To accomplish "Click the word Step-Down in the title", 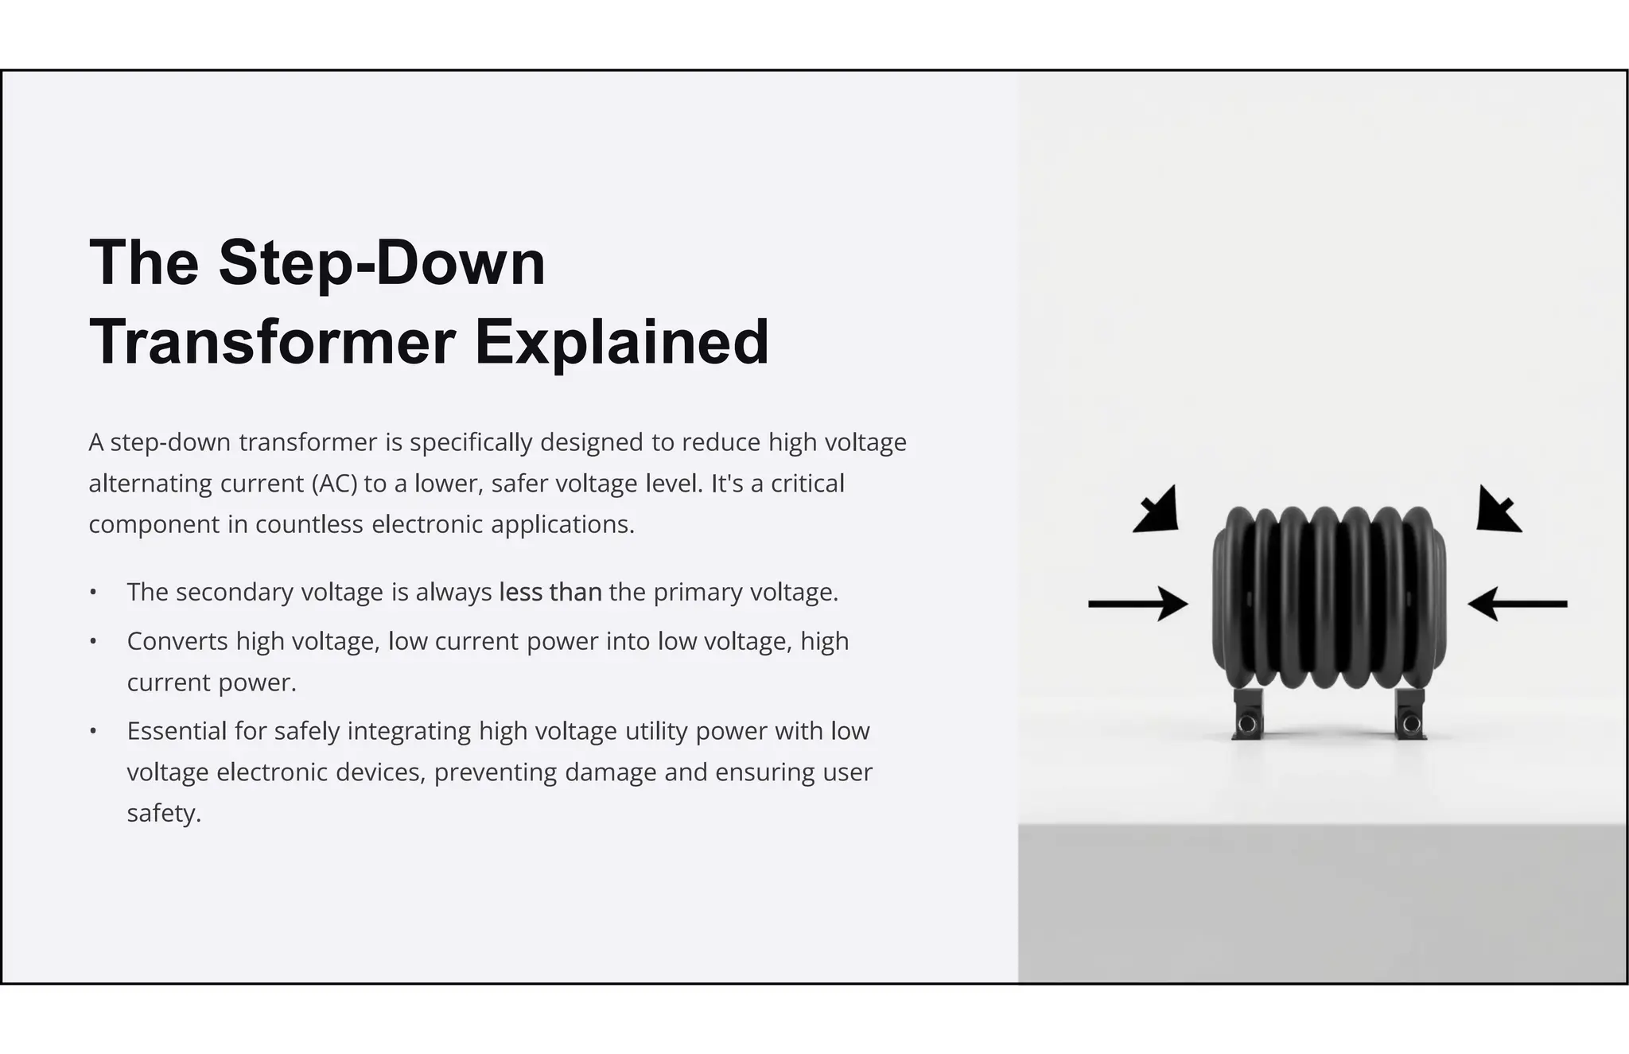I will pos(382,263).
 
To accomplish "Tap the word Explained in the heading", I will pos(622,343).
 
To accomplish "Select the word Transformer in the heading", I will pos(272,343).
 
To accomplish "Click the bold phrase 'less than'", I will pos(550,593).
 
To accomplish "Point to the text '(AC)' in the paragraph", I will pos(334,484).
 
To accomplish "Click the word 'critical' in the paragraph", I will pos(807,484).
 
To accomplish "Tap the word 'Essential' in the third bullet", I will pos(177,731).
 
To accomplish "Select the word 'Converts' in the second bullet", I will pos(177,641).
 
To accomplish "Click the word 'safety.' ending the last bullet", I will pos(164,814).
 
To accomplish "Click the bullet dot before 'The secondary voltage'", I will pos(93,593).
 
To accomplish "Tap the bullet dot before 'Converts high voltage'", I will pos(93,641).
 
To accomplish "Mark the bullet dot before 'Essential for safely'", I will pos(93,731).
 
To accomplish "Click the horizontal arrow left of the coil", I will pos(1137,604).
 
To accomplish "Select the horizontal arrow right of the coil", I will pos(1518,604).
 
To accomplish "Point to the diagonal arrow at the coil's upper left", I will pos(1157,510).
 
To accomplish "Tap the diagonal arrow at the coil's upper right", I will pos(1498,510).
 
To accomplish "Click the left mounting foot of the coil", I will pos(1246,714).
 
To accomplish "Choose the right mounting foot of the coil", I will pos(1410,714).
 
